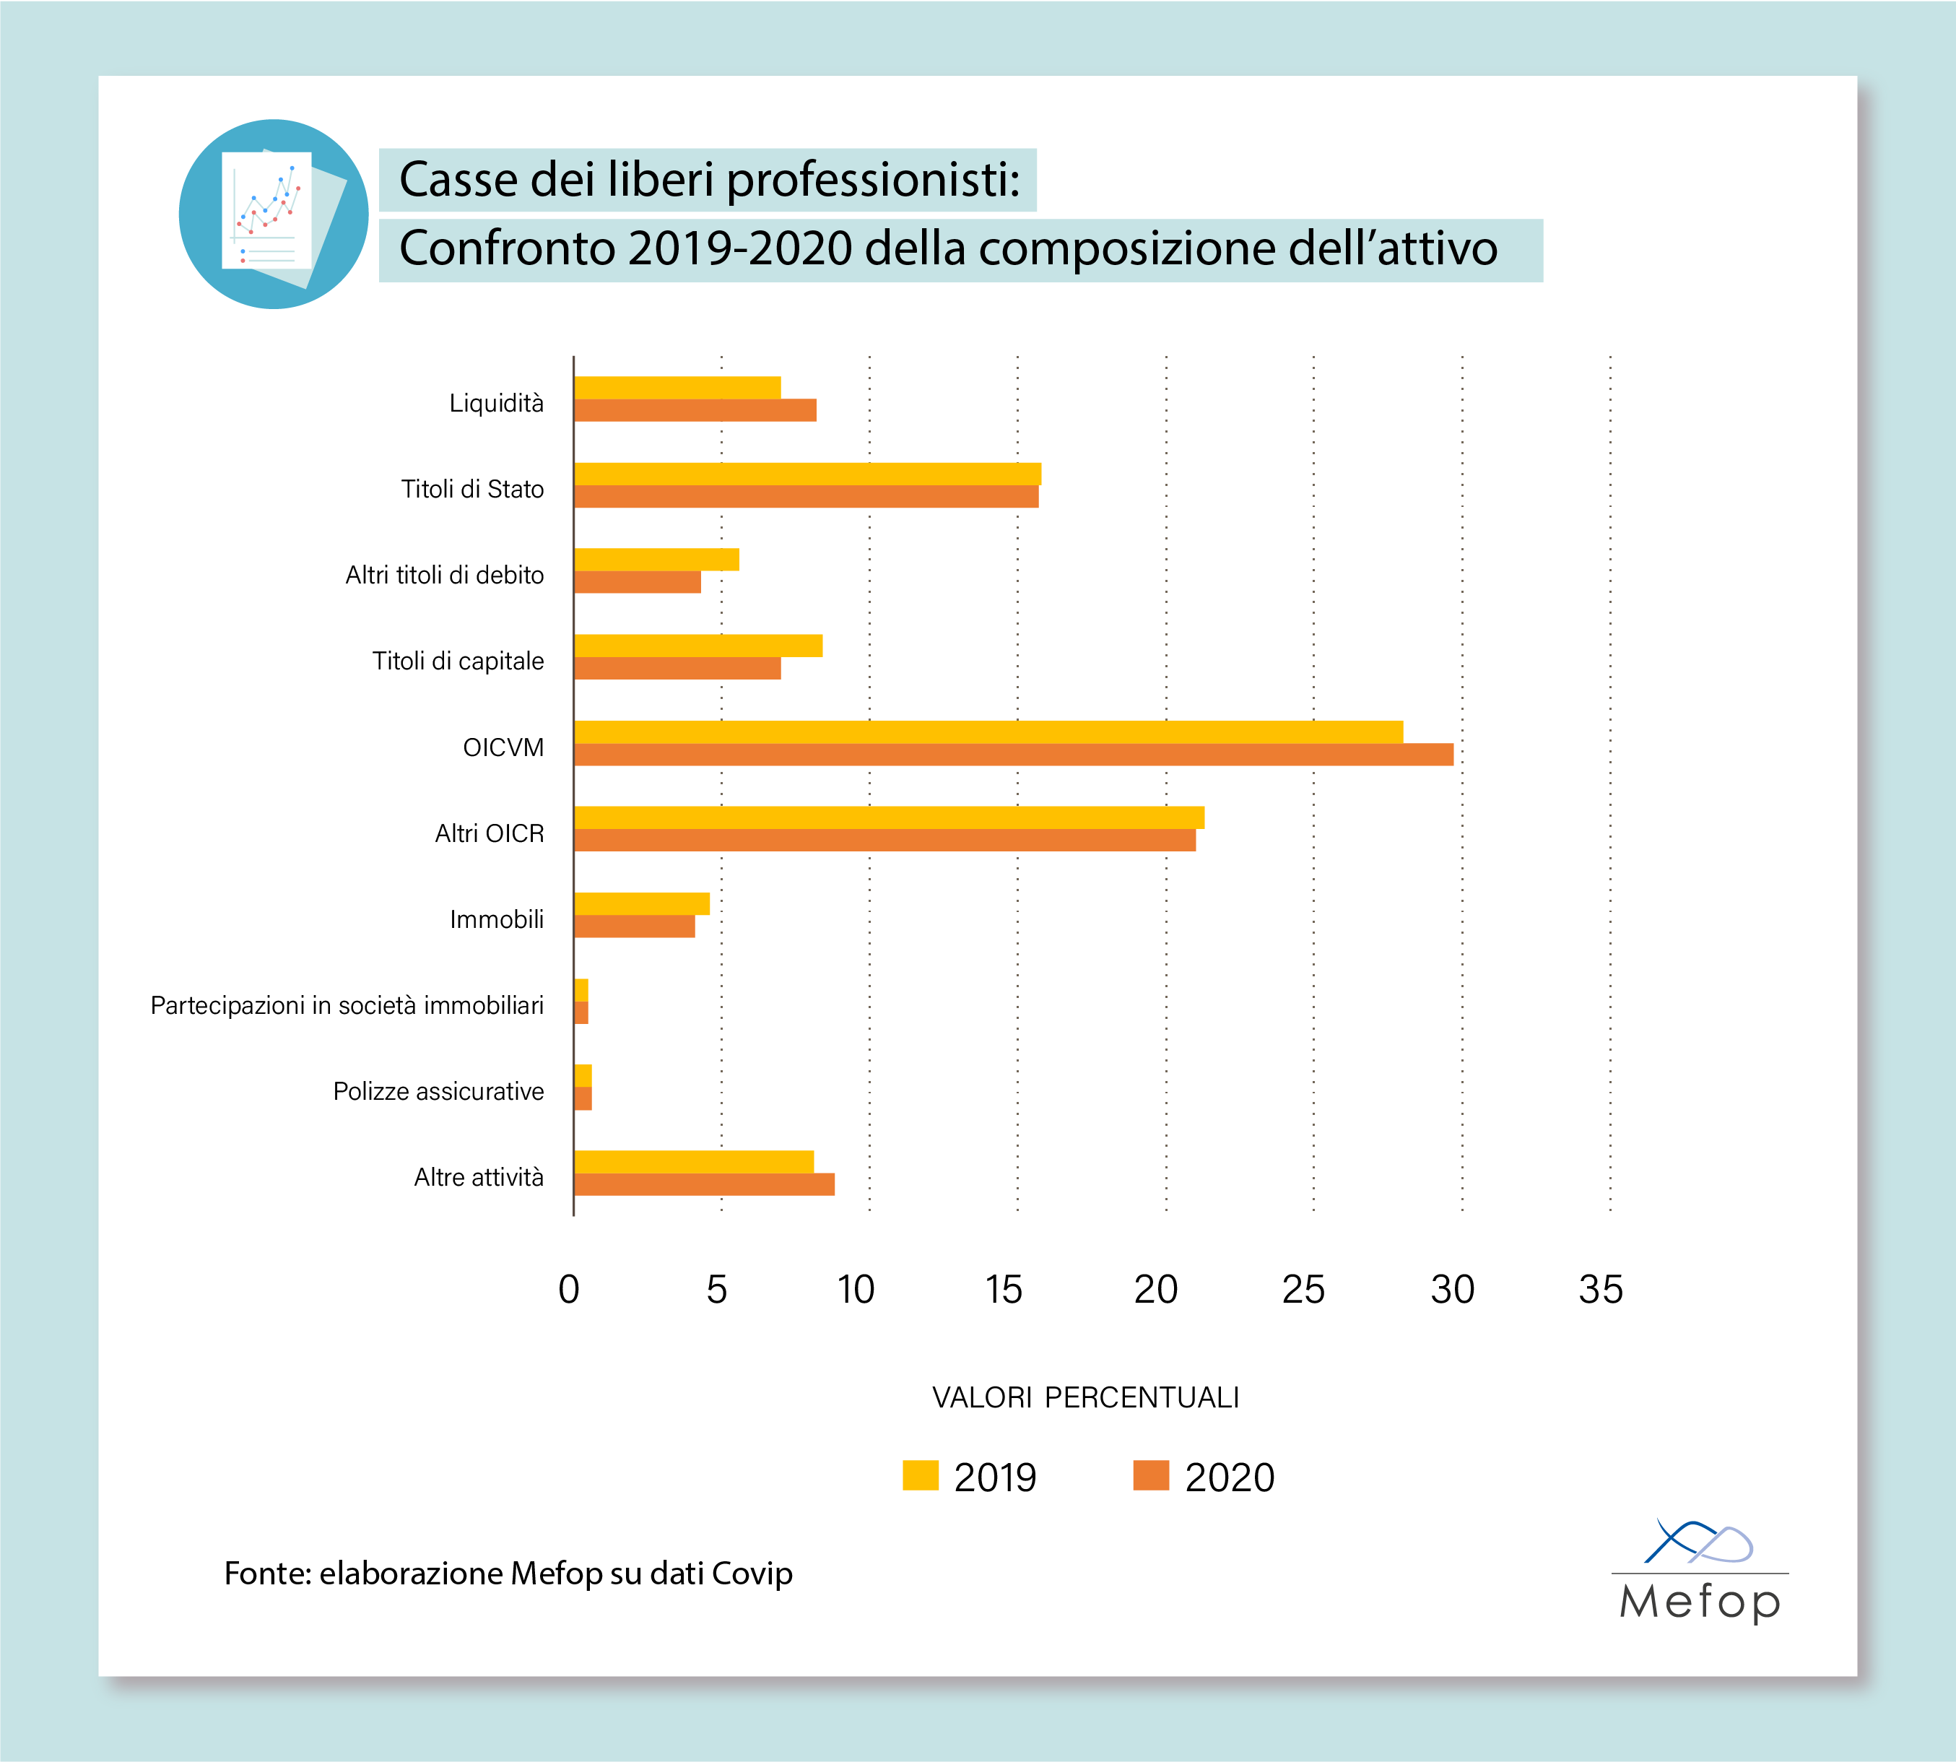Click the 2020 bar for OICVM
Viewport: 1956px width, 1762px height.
coord(1013,754)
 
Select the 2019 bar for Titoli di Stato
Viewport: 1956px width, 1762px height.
coord(807,474)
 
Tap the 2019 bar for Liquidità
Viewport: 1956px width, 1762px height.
coord(677,387)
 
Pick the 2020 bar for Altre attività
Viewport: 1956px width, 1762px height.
coord(705,1184)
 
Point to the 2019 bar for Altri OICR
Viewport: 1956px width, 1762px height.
coord(889,817)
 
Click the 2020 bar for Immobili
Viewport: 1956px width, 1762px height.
coord(635,926)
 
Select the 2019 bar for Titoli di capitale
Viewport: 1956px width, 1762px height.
coord(697,646)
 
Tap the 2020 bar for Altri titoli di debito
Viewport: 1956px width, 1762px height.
coord(638,582)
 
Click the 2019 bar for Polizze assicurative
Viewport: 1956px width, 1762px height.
coord(583,1075)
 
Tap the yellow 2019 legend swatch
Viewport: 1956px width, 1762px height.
coord(921,1475)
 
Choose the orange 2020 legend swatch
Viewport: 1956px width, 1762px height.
coord(1151,1475)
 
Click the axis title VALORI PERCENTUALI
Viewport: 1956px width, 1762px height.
coord(1085,1397)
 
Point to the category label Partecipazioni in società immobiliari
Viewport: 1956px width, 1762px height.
coord(347,1005)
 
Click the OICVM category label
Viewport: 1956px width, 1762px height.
coord(503,747)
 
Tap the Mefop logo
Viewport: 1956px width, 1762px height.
coord(1700,1574)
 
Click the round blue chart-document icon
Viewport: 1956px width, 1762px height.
coord(274,214)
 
